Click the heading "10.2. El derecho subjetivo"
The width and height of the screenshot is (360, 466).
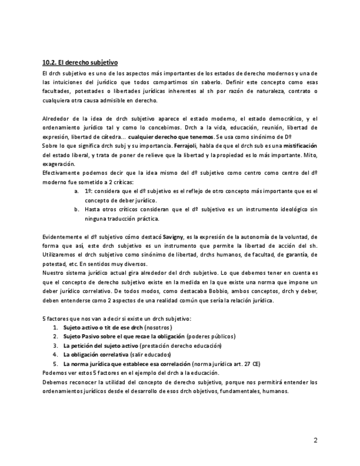point(80,63)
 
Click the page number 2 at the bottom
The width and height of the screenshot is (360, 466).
point(315,440)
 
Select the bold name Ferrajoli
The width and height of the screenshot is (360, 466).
point(185,146)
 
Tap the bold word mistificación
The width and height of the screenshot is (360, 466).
point(300,146)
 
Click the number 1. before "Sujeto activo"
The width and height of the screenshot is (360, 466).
point(56,327)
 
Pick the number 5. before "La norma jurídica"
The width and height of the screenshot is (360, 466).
point(56,363)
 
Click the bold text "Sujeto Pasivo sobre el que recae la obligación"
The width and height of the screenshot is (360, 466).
point(124,336)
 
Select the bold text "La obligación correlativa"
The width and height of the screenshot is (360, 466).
point(97,354)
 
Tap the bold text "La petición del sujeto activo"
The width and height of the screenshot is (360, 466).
point(101,345)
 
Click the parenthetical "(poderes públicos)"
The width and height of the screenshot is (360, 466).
point(211,336)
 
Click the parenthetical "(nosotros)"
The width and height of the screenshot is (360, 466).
point(158,327)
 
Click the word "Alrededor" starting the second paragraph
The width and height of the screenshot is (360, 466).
point(56,118)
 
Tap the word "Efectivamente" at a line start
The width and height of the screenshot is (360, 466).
point(61,173)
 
